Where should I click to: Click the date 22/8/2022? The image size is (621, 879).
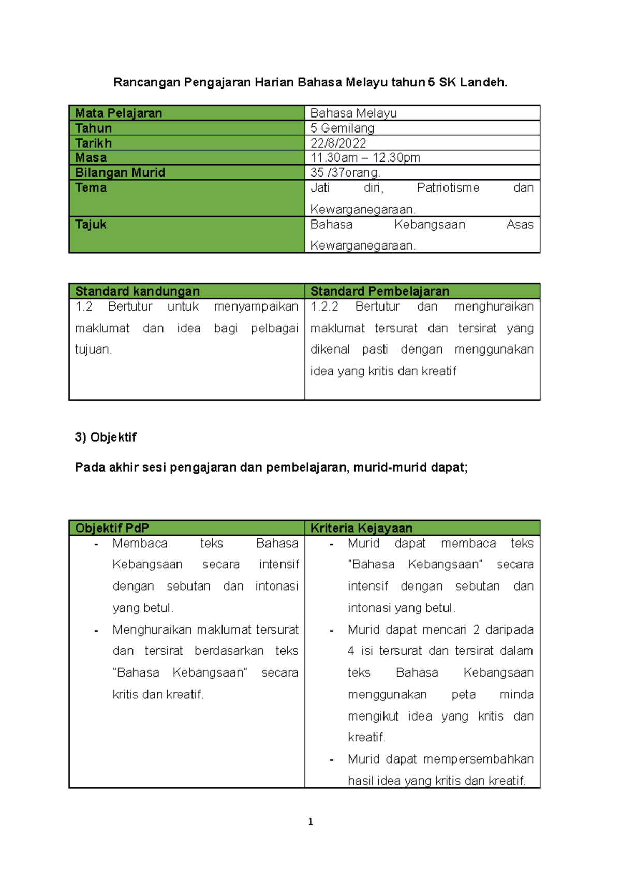[338, 143]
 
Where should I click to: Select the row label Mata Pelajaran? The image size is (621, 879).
[119, 113]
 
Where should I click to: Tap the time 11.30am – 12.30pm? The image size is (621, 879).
[365, 157]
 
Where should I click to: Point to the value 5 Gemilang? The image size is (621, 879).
[342, 128]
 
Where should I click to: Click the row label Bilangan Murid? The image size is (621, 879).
[120, 172]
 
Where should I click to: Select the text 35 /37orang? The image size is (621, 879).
[345, 172]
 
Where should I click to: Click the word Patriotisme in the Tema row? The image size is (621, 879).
[448, 187]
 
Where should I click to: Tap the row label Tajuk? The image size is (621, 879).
[91, 224]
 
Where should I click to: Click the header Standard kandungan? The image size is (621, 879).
[137, 291]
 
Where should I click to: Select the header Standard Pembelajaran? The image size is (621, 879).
[379, 291]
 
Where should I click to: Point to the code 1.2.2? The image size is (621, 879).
[324, 306]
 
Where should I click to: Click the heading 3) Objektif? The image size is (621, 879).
[106, 437]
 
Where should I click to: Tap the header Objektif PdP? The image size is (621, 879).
[112, 528]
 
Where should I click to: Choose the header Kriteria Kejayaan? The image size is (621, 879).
[361, 528]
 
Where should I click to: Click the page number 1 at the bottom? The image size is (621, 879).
[310, 822]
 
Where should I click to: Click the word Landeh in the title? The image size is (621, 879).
[486, 82]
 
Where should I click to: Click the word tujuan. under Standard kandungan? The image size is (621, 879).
[94, 349]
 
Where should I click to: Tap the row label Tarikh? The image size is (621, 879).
[93, 143]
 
